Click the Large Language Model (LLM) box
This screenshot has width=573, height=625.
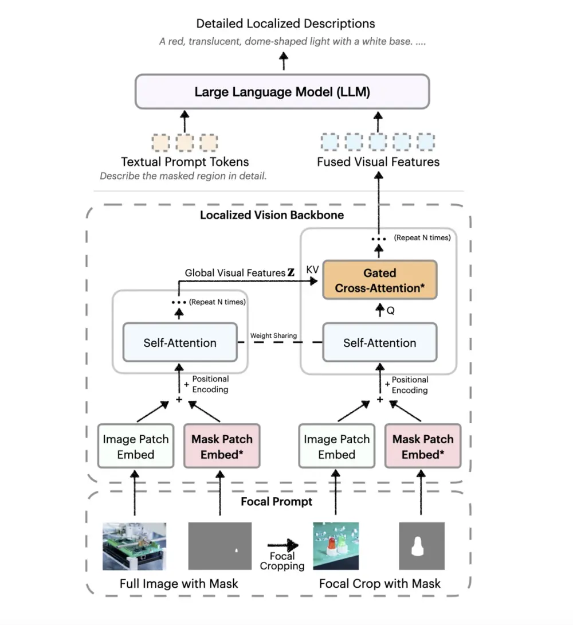click(x=282, y=92)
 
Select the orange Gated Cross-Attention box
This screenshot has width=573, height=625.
click(x=379, y=280)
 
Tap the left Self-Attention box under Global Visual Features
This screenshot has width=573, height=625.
click(x=180, y=343)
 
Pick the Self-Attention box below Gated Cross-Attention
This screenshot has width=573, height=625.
click(x=379, y=343)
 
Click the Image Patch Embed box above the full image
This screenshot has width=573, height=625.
click(x=136, y=447)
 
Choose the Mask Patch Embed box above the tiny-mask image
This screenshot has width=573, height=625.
click(x=222, y=447)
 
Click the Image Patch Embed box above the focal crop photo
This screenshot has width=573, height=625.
click(x=336, y=447)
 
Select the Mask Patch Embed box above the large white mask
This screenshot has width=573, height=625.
click(x=423, y=447)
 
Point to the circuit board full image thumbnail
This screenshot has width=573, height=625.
click(x=134, y=546)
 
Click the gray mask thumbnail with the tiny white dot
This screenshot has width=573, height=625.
click(x=220, y=546)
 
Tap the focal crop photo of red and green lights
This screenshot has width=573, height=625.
click(x=335, y=546)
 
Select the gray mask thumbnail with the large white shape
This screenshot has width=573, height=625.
click(x=421, y=546)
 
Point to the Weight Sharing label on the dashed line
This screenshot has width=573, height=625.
click(x=273, y=335)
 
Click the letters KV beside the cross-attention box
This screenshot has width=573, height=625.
click(x=313, y=269)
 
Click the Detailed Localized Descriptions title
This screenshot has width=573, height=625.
click(x=285, y=24)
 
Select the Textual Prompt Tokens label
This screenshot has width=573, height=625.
click(x=185, y=162)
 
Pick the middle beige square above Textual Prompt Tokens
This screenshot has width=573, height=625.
click(x=185, y=142)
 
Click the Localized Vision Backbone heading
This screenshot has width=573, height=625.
click(x=272, y=216)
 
